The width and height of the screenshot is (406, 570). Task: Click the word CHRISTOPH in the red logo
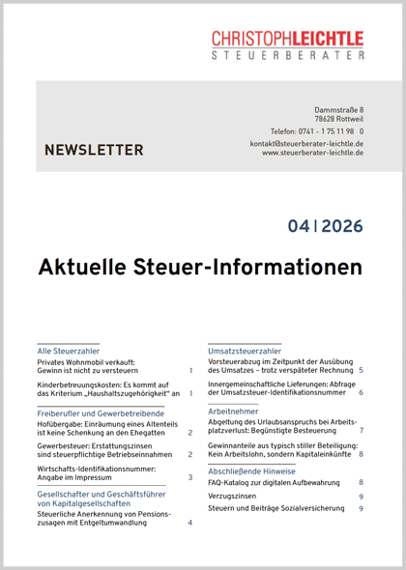tap(252, 38)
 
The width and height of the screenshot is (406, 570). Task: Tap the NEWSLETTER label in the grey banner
tap(94, 150)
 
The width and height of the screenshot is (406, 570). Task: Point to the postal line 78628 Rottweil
tap(337, 123)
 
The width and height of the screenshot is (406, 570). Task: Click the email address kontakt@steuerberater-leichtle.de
tap(306, 144)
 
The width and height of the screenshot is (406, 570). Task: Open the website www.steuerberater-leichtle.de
tap(312, 154)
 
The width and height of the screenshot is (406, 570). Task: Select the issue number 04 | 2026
tap(325, 227)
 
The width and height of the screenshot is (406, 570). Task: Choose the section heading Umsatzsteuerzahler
tap(245, 350)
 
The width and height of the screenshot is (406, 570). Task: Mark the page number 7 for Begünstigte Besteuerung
tap(361, 431)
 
